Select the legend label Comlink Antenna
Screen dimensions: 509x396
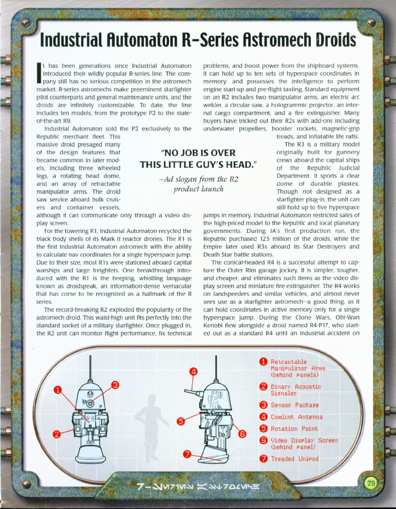296,417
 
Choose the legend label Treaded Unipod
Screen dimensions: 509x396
294,459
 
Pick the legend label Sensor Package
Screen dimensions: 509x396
295,405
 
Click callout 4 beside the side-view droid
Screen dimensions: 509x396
194,372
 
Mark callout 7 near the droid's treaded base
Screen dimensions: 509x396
187,454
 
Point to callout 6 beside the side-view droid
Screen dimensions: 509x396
242,433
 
